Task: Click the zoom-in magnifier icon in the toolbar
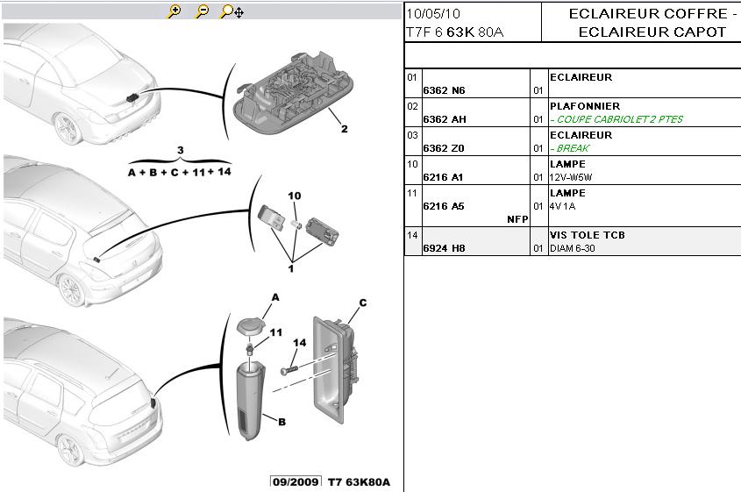[x=175, y=11]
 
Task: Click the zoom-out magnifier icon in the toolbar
[x=202, y=11]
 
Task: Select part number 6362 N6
[x=444, y=90]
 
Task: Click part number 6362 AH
[x=445, y=119]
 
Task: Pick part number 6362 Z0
[x=444, y=148]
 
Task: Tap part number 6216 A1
[x=444, y=177]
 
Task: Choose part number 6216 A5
[x=444, y=206]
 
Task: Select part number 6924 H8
[x=444, y=248]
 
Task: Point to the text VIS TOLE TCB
[x=587, y=235]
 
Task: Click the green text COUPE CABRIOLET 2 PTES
[x=617, y=119]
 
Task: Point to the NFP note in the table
[x=517, y=219]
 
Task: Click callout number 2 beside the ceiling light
[x=344, y=129]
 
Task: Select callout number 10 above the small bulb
[x=294, y=195]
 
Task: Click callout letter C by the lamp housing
[x=361, y=303]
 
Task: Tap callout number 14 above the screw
[x=299, y=343]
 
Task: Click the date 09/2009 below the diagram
[x=296, y=482]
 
